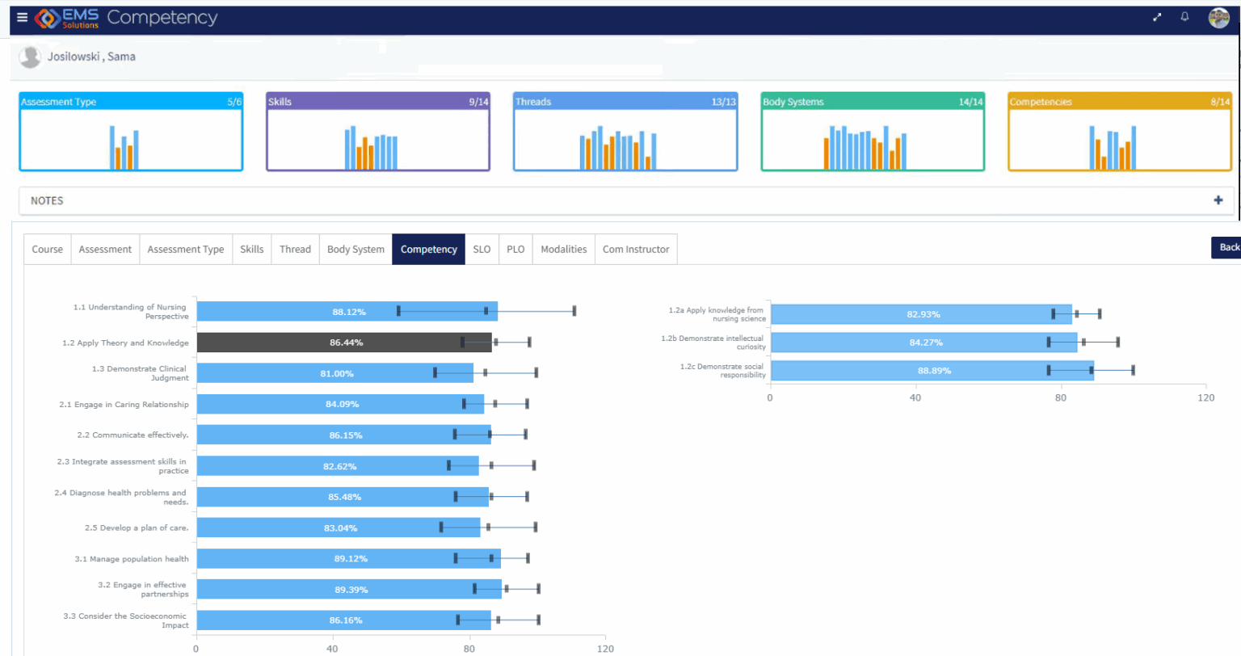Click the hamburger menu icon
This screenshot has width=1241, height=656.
[x=22, y=17]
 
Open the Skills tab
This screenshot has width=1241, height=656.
[x=251, y=249]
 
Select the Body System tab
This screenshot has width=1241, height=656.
[x=355, y=249]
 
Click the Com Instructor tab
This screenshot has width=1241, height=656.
[x=635, y=249]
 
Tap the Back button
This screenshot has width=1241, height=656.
[x=1227, y=247]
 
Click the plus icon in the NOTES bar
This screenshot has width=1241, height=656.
[x=1218, y=200]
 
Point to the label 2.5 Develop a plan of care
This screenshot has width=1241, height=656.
[x=136, y=528]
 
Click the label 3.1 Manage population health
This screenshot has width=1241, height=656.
[x=131, y=559]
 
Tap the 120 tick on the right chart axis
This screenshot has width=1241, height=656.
[x=1205, y=397]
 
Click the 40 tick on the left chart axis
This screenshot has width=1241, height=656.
[x=332, y=649]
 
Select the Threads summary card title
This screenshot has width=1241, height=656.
[x=533, y=102]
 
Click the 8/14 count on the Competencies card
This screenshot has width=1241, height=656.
[x=1219, y=102]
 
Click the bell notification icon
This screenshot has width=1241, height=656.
[x=1184, y=17]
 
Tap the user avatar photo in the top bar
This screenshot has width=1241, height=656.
[x=1218, y=17]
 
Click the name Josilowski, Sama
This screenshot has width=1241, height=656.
[x=91, y=57]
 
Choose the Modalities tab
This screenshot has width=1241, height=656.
[x=563, y=249]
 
